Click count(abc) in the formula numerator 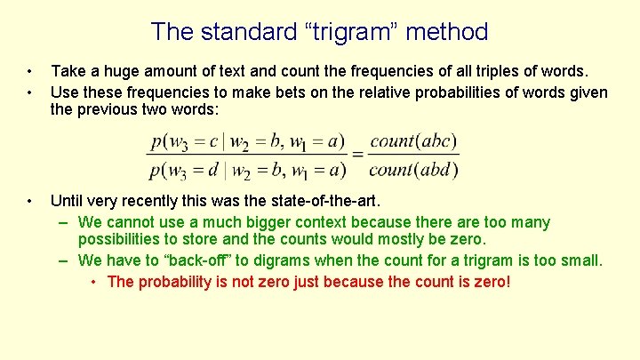[413, 140]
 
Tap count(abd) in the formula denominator [413, 168]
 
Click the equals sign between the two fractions [358, 154]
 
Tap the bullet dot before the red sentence [94, 283]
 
